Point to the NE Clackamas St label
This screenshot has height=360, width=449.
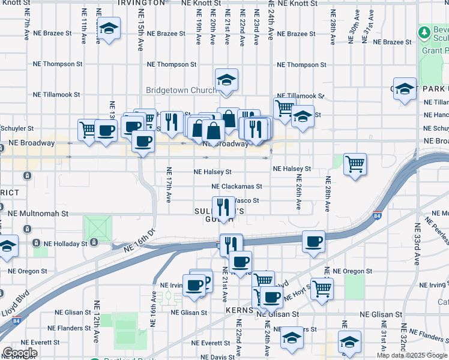coord(237,187)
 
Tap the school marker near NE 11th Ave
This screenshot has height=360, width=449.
coord(109,28)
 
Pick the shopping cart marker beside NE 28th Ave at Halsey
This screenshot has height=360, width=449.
coord(355,163)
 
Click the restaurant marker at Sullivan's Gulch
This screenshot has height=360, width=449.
coord(223,207)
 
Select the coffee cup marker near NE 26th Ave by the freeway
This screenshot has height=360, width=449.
coord(313,241)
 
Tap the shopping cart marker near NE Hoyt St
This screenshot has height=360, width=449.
coord(322,289)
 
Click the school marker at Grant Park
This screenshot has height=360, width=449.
coord(405,89)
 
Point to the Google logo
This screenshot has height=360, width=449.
coord(20,353)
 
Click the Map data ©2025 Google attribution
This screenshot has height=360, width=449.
coord(412,355)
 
